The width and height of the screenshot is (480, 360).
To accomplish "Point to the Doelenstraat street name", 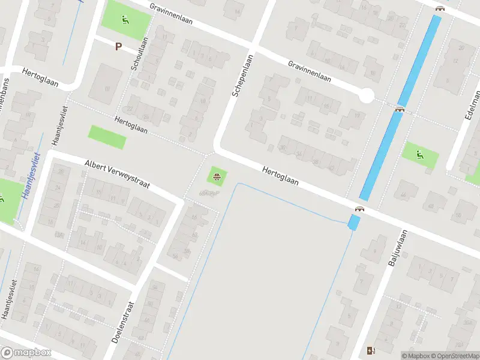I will (x=124, y=322).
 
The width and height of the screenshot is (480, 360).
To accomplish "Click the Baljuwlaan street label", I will (x=398, y=248).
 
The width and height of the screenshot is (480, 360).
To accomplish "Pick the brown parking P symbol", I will (x=118, y=46).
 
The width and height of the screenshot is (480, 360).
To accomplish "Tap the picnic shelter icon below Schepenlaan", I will (x=216, y=176).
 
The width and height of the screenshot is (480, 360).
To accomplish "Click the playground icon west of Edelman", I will (x=420, y=154).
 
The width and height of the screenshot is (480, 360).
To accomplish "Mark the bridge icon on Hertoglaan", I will (x=360, y=208).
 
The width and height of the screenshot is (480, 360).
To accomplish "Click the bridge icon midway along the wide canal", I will (x=400, y=109).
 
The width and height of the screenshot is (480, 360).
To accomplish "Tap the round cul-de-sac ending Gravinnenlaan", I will (x=367, y=95).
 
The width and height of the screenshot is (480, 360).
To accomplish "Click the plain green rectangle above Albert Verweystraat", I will (x=107, y=137).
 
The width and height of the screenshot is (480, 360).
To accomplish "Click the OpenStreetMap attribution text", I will (x=452, y=356).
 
